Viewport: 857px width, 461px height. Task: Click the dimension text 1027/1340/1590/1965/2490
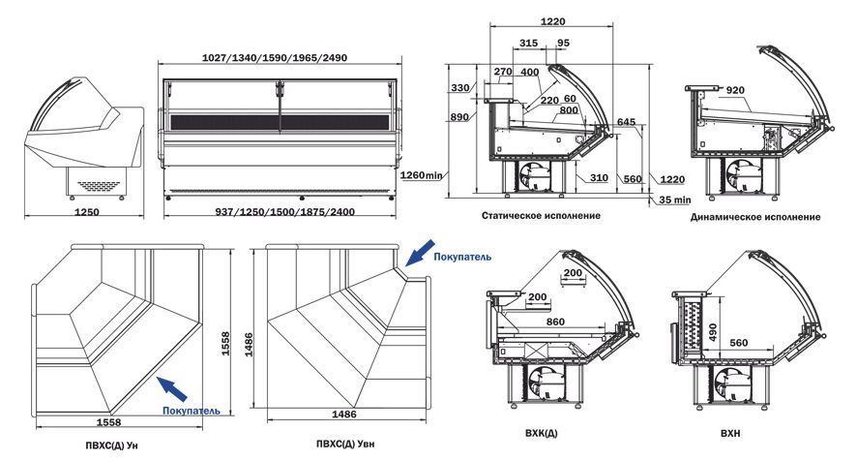click(x=275, y=57)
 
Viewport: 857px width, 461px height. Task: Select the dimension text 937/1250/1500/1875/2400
click(x=284, y=212)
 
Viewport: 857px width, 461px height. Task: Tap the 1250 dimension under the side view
click(x=86, y=212)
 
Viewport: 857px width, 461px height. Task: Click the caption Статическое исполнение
click(x=541, y=216)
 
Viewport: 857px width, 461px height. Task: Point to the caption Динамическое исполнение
click(x=755, y=217)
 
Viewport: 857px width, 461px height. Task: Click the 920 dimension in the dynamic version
click(x=735, y=90)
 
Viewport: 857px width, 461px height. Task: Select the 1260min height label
click(x=422, y=175)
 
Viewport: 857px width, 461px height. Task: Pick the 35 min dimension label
click(x=674, y=200)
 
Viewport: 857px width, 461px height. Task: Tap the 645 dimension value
click(x=626, y=122)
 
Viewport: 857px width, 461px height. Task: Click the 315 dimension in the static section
click(x=528, y=43)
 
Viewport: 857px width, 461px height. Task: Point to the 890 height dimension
click(x=459, y=116)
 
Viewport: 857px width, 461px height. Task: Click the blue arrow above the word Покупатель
click(x=420, y=253)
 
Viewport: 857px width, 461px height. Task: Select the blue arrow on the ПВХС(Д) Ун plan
click(x=171, y=388)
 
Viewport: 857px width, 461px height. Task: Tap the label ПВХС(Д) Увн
click(x=345, y=444)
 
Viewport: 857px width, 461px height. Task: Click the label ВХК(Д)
click(x=541, y=433)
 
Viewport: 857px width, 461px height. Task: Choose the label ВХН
click(x=730, y=433)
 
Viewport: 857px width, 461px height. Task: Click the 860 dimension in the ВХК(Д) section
click(x=555, y=322)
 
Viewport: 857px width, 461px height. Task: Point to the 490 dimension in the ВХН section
click(x=712, y=332)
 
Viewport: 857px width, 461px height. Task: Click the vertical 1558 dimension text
click(x=225, y=344)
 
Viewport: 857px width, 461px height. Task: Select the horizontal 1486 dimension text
click(x=344, y=414)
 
